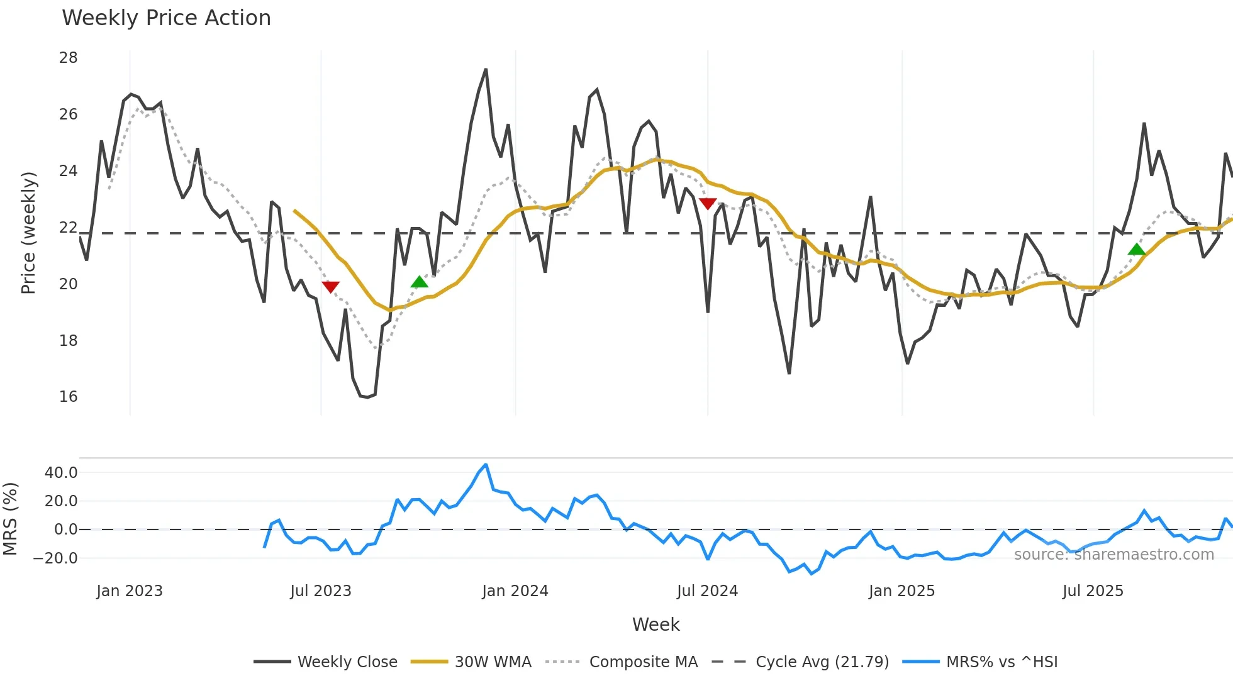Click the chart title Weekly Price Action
tap(166, 18)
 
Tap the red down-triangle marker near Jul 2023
tap(330, 287)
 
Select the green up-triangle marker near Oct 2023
tap(419, 282)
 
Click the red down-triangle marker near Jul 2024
tap(708, 204)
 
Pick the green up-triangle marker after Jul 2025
tap(1137, 250)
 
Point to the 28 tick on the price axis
tap(68, 58)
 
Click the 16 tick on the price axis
tap(68, 397)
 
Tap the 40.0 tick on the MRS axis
tap(61, 473)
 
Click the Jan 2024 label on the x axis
tap(515, 591)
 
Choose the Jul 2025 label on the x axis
tap(1092, 591)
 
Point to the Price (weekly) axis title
tap(28, 233)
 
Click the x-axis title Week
tap(656, 624)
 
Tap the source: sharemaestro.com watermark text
tap(1113, 555)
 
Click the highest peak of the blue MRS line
tap(486, 465)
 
